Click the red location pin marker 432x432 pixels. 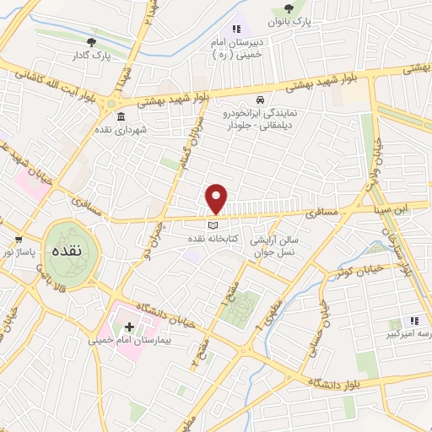(217, 198)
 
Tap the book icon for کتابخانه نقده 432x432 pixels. (213, 225)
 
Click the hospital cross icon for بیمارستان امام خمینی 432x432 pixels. (129, 327)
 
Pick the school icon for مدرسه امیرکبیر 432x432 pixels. (413, 321)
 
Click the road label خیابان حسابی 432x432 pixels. (321, 318)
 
